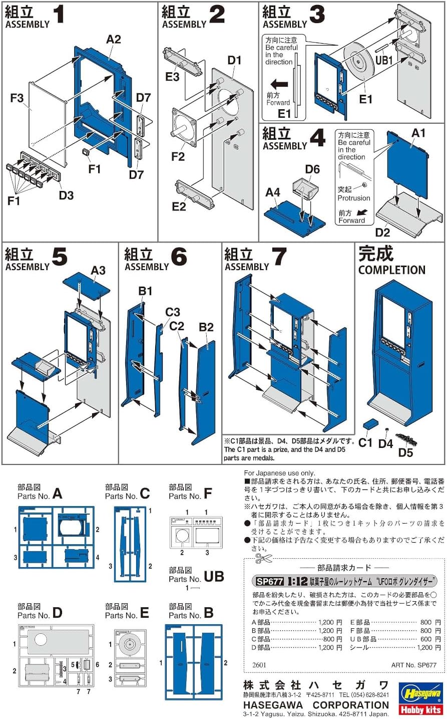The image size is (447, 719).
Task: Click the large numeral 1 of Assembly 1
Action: click(x=59, y=15)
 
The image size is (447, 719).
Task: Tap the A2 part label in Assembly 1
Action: click(x=114, y=39)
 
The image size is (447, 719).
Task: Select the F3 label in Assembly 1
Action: click(x=17, y=98)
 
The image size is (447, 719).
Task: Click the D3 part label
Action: click(x=66, y=195)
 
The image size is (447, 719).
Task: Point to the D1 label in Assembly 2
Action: click(x=234, y=60)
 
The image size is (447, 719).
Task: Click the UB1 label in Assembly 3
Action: click(x=384, y=60)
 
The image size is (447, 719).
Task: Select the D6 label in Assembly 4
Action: click(x=312, y=169)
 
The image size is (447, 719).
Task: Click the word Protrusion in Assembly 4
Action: click(x=353, y=198)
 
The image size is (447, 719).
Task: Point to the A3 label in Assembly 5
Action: click(x=98, y=270)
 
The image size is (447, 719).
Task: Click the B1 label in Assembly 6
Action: click(x=145, y=291)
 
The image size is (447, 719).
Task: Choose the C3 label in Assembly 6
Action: click(x=172, y=312)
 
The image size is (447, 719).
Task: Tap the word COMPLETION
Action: click(x=391, y=270)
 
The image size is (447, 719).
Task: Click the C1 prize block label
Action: click(x=365, y=442)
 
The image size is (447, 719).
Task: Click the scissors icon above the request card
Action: click(x=260, y=559)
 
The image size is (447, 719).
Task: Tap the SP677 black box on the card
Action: click(x=269, y=582)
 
